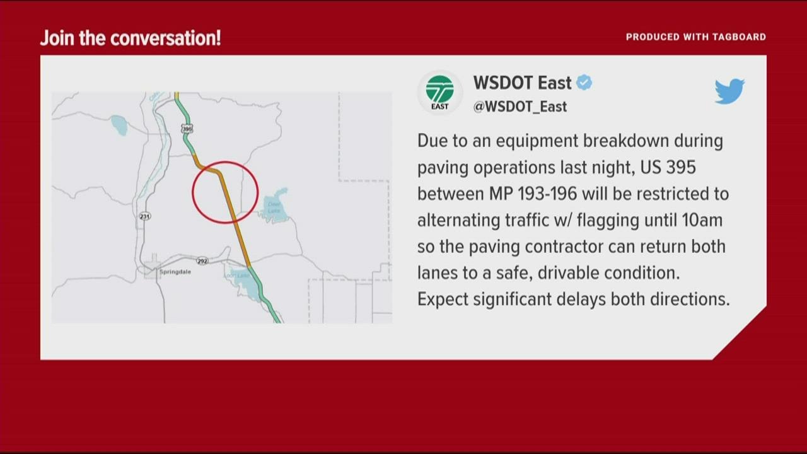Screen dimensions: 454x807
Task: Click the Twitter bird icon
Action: point(729,91)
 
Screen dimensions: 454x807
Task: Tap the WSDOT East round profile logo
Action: point(439,93)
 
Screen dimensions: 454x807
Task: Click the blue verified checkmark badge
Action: point(584,83)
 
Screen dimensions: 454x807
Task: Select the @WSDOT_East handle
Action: point(520,107)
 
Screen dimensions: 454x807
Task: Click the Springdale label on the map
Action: point(175,271)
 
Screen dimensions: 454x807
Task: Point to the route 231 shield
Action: point(145,216)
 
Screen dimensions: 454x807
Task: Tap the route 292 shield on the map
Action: point(202,260)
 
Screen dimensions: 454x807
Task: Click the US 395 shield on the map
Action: point(186,129)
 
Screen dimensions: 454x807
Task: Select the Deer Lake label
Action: point(274,207)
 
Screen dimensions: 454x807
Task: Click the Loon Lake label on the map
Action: point(235,276)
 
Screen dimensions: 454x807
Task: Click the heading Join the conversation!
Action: point(131,38)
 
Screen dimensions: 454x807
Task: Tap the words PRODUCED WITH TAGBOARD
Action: point(695,37)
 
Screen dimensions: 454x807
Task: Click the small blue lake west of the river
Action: point(119,125)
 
